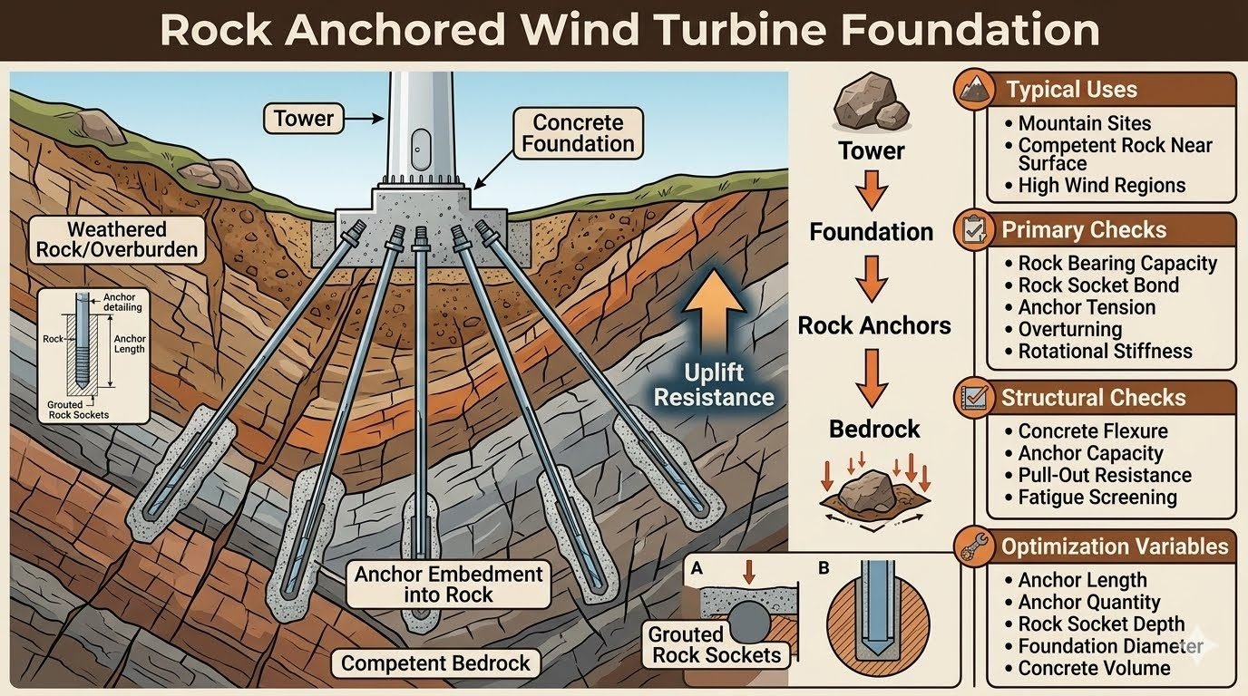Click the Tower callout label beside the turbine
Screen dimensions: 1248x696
pos(303,119)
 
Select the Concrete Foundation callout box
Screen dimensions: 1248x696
pos(578,133)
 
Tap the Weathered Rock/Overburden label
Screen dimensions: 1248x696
pos(117,240)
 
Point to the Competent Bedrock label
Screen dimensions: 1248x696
pos(435,663)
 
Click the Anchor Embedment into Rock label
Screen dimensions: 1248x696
pos(448,585)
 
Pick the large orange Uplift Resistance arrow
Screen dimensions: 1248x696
pos(714,314)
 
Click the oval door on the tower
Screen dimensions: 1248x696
pos(420,149)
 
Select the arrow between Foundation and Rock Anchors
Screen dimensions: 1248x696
pos(872,278)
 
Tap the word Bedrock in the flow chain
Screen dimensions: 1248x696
pos(874,430)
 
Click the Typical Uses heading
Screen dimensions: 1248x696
pos(1071,90)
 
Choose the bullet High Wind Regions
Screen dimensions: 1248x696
pos(1101,186)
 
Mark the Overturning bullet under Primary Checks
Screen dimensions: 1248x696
pos(1069,329)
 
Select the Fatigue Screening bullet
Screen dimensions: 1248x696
pos(1097,498)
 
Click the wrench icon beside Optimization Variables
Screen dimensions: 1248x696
pos(974,546)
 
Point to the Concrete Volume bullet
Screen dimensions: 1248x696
pos(1094,668)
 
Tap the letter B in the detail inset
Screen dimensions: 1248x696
pos(824,568)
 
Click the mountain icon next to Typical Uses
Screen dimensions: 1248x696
pos(974,89)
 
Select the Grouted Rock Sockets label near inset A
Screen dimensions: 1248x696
pos(716,644)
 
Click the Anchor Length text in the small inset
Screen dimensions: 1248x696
pos(130,344)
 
